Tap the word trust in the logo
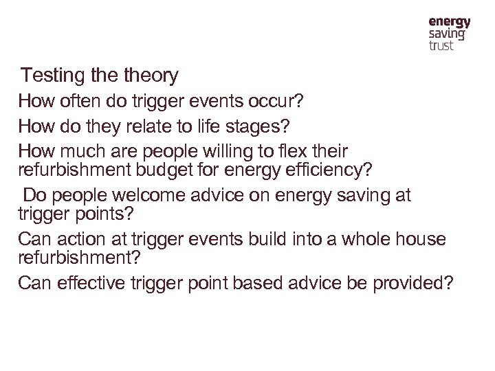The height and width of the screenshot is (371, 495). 441,45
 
